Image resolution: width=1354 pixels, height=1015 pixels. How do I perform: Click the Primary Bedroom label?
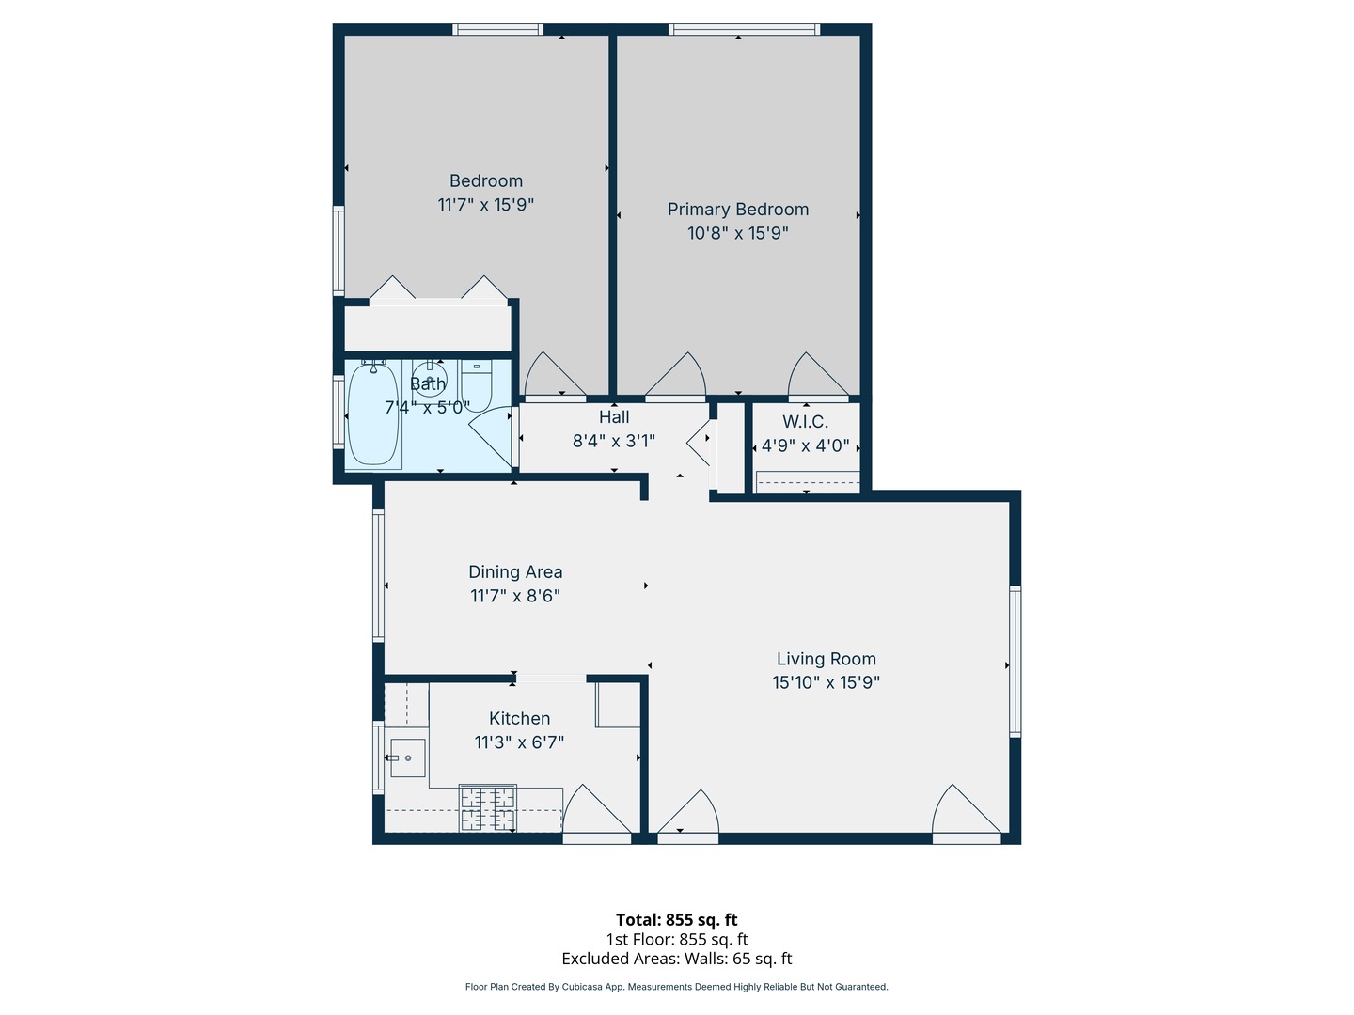(x=737, y=210)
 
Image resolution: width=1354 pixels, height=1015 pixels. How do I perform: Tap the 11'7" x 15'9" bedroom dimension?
(x=485, y=205)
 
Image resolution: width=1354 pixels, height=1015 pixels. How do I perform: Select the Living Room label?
(x=826, y=659)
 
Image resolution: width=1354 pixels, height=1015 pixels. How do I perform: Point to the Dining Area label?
(x=515, y=571)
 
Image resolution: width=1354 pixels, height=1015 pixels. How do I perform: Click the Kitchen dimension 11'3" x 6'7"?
(x=519, y=742)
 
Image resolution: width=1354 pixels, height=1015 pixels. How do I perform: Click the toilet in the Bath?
(x=476, y=385)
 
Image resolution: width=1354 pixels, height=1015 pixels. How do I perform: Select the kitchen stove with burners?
(x=487, y=808)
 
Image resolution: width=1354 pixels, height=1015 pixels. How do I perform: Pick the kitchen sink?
(x=407, y=757)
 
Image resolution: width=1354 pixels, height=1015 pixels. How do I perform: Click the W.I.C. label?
(x=805, y=422)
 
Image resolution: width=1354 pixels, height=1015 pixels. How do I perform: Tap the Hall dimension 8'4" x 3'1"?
(x=613, y=441)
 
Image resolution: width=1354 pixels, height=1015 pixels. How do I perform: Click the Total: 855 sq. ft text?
(x=676, y=920)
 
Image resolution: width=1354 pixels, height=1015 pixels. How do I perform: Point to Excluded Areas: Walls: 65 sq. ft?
(x=676, y=959)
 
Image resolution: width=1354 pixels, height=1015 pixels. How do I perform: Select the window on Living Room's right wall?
(x=1015, y=661)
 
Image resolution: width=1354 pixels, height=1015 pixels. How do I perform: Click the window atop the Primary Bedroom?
(x=744, y=30)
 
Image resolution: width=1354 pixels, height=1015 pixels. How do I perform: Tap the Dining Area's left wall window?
(x=378, y=575)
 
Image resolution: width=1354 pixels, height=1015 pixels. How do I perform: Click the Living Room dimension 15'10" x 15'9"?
(x=826, y=683)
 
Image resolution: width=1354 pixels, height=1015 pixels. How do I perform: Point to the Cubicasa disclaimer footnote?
(x=676, y=987)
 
